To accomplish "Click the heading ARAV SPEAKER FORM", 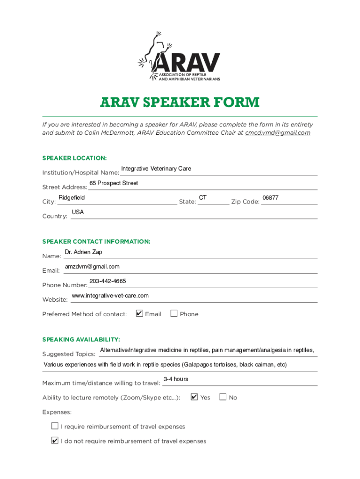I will click(x=180, y=102).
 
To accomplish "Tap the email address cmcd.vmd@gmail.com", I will click(x=278, y=133).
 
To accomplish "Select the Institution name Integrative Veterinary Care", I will click(x=156, y=168).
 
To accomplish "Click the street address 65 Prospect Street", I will click(x=114, y=183).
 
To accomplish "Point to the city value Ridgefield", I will click(x=72, y=198).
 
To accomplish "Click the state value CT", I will click(x=202, y=198).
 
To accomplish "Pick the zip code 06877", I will click(x=270, y=198).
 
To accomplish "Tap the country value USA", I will click(x=78, y=212).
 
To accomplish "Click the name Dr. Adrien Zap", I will click(x=83, y=252).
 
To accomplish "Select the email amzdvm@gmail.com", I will click(x=92, y=267).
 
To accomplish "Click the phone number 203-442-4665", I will click(x=108, y=281).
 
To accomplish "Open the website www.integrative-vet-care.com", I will click(x=110, y=296).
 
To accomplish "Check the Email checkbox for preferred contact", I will click(x=139, y=313).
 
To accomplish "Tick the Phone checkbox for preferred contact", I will click(x=174, y=313).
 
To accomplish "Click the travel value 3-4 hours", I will click(x=176, y=379).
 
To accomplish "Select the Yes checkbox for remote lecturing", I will click(x=194, y=397).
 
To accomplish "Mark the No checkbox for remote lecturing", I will click(x=223, y=397).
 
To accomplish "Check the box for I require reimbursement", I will click(x=55, y=426).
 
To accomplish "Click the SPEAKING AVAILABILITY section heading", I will click(x=81, y=339).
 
